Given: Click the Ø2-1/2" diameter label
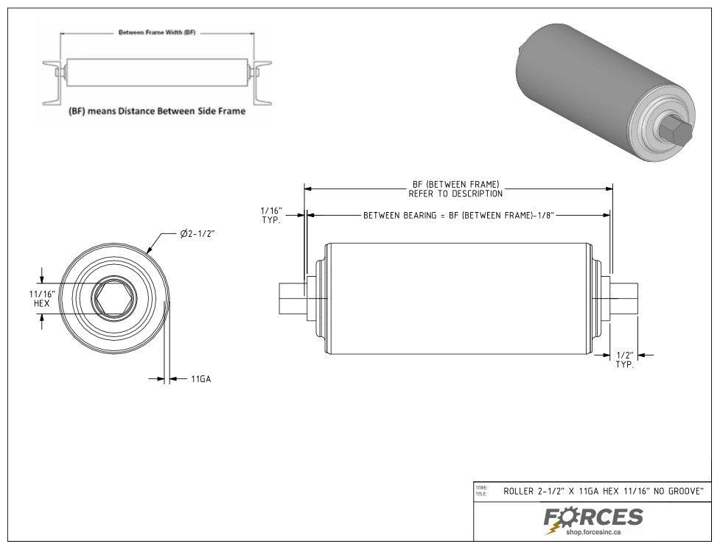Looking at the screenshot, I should pyautogui.click(x=198, y=234).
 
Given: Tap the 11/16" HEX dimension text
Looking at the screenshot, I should pyautogui.click(x=40, y=298).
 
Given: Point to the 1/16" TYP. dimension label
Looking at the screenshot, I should pyautogui.click(x=271, y=216).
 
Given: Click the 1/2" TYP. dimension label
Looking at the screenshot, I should pyautogui.click(x=623, y=360).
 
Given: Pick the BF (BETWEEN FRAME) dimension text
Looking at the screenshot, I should pyautogui.click(x=455, y=184).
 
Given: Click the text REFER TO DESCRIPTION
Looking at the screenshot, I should pyautogui.click(x=455, y=194).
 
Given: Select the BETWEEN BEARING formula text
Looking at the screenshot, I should pyautogui.click(x=458, y=216).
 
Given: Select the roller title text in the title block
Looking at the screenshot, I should pyautogui.click(x=603, y=490).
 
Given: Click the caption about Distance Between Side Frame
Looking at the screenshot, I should pyautogui.click(x=156, y=112).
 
